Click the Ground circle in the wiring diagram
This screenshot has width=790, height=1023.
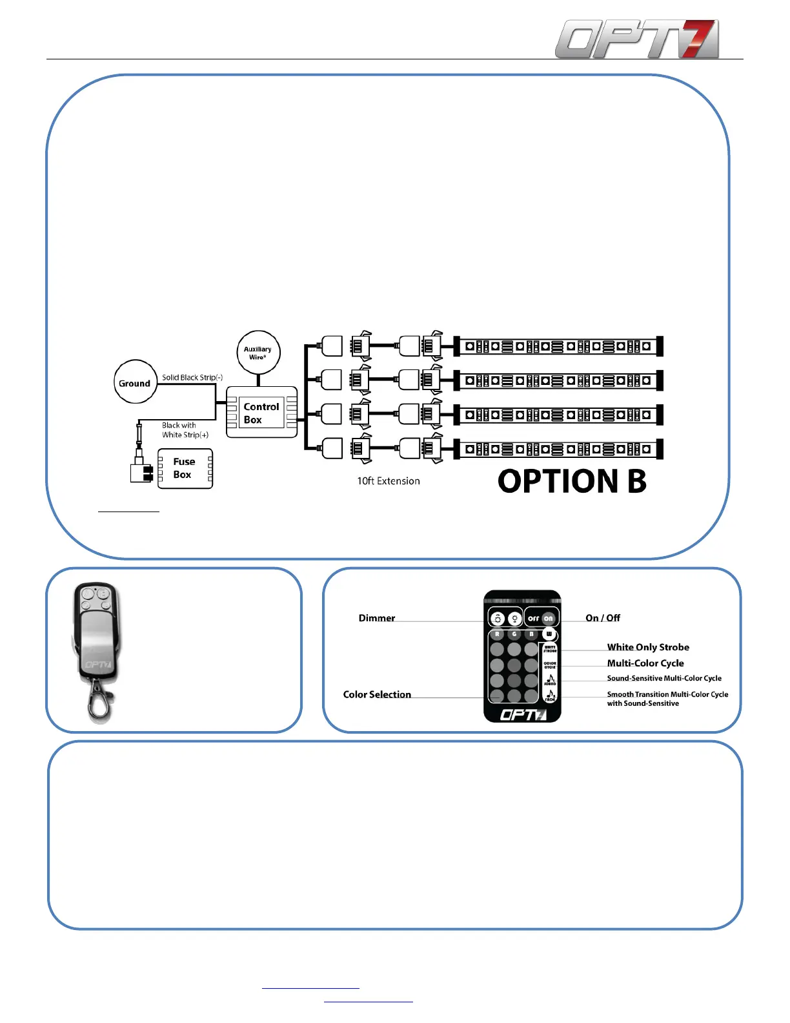(135, 382)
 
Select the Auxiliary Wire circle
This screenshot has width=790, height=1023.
(258, 353)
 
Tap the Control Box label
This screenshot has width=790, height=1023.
(261, 413)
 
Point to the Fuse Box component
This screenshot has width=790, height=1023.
(185, 468)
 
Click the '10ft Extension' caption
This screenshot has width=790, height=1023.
(389, 481)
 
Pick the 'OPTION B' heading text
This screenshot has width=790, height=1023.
(572, 481)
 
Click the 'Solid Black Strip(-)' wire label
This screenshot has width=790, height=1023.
(192, 377)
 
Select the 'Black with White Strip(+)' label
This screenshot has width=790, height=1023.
(185, 430)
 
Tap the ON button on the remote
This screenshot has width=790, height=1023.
(549, 618)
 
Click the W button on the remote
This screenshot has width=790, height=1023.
(549, 634)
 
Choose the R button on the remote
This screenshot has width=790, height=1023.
(497, 634)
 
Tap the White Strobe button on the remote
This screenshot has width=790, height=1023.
(550, 648)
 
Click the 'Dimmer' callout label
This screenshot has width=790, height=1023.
(377, 618)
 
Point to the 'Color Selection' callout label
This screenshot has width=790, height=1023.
(377, 694)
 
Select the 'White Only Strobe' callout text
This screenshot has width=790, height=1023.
(648, 647)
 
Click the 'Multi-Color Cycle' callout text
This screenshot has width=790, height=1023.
(645, 663)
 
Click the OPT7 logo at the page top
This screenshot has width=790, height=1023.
(636, 39)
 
